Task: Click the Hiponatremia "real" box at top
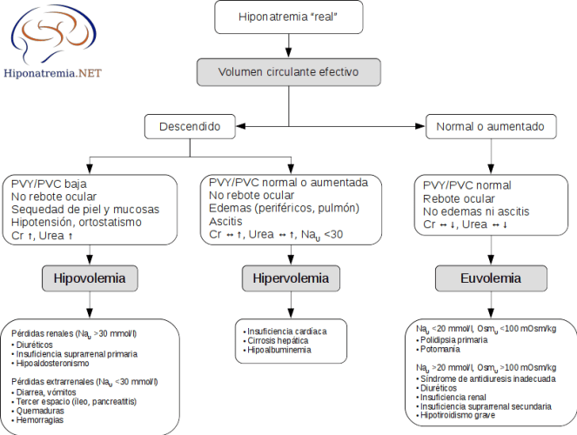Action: (x=288, y=17)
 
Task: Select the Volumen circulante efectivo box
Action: (x=288, y=71)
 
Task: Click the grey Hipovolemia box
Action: (x=90, y=279)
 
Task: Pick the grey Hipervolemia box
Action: (x=290, y=279)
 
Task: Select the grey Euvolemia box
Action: (x=490, y=279)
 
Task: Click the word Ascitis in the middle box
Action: (x=226, y=221)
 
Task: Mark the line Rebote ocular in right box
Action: (x=458, y=197)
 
